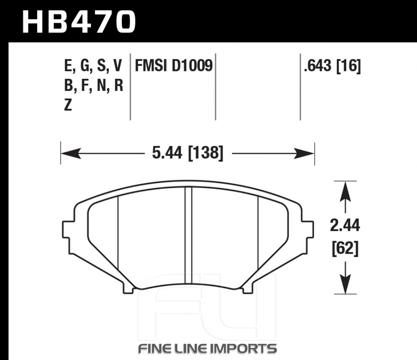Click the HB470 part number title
coord(79,22)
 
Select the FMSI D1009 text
coord(174,65)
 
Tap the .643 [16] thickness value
coord(332,66)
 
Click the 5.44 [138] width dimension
coord(188,153)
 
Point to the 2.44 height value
coord(345,225)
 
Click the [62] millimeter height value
coord(345,248)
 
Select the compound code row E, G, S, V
coord(93,66)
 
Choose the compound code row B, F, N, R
coord(93,86)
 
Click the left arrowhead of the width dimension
coord(71,154)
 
